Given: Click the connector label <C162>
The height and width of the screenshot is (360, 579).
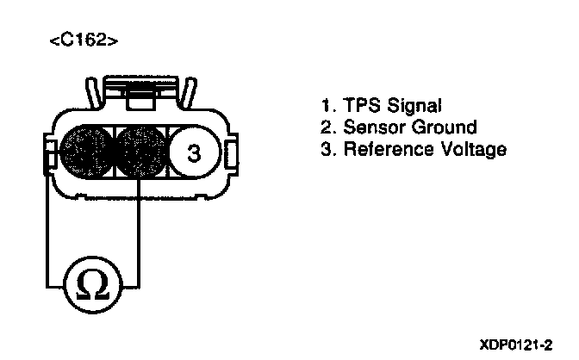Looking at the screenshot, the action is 84,40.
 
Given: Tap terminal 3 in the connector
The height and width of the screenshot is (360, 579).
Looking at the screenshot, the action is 194,153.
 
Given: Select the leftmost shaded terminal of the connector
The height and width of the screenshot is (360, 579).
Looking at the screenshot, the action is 82,153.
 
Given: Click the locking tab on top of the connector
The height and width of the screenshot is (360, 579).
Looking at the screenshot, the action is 136,90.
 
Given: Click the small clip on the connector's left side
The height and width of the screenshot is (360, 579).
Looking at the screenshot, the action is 48,156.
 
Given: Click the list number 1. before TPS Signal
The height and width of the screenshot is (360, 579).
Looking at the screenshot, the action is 327,107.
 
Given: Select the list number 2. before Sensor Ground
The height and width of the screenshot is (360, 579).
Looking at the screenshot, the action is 327,128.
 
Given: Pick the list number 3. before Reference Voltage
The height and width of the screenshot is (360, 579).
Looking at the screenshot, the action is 327,150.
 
